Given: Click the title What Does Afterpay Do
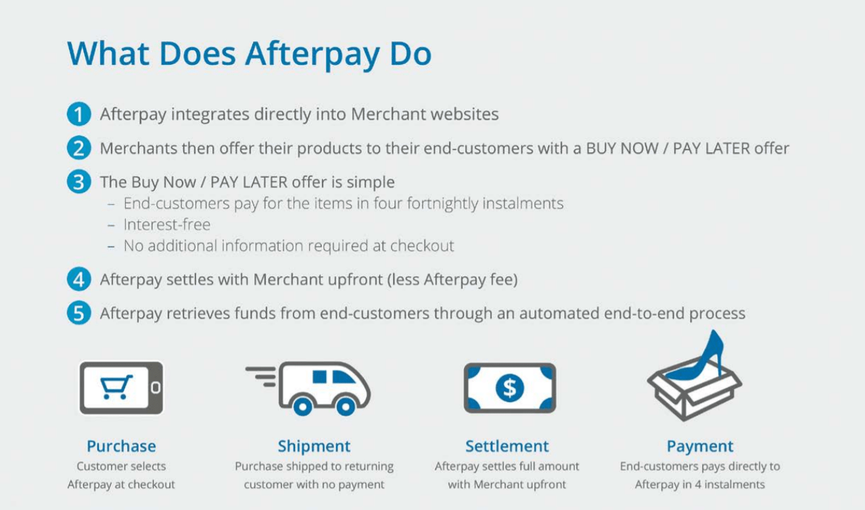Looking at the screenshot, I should coord(249,53).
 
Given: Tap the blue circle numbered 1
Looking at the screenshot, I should coord(78,114).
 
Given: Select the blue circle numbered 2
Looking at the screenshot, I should coord(78,148).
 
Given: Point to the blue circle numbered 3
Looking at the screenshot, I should coord(78,182).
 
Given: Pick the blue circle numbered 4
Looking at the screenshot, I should coord(78,280).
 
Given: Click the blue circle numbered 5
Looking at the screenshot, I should coord(78,313).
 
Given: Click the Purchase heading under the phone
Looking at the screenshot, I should coord(121,447).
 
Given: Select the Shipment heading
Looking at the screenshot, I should coord(314,447).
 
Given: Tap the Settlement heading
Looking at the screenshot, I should coord(507,447).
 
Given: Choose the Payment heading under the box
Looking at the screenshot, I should coord(700,447).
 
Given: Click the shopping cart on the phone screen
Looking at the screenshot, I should coord(116,387).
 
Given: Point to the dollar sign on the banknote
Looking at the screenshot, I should coord(509,388).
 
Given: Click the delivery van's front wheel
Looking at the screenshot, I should coord(346,405).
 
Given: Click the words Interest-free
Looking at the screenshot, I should coord(166,225).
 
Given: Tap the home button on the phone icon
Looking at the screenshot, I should coord(156,388).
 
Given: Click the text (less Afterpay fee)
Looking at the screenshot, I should coord(452,280).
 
